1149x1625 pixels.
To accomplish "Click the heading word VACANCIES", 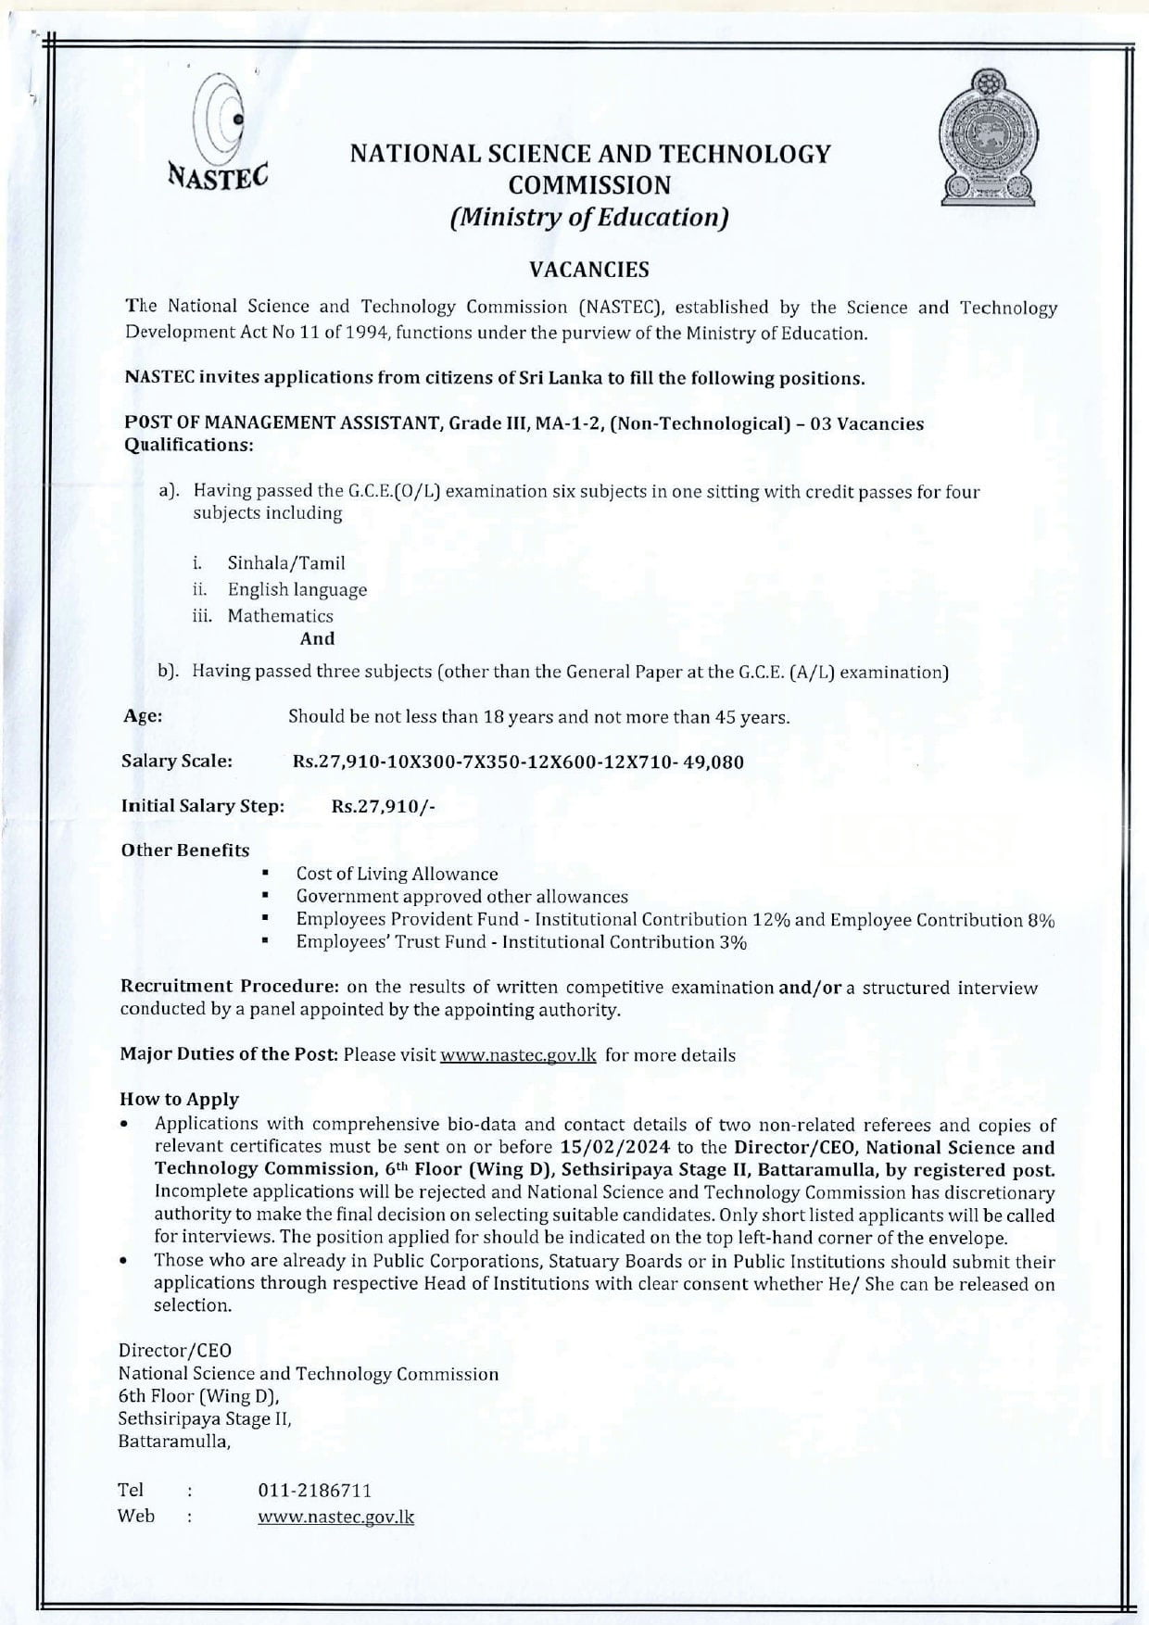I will tap(589, 270).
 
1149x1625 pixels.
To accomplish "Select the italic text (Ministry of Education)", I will tap(589, 218).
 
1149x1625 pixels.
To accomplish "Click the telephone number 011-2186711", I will tap(315, 1490).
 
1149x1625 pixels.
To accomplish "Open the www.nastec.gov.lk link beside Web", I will tap(335, 1517).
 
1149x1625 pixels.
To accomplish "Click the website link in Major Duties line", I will tap(518, 1055).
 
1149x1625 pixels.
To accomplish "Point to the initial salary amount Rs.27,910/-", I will tap(384, 806).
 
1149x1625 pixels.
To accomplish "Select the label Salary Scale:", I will tap(176, 762).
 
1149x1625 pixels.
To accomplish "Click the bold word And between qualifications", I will tap(317, 638).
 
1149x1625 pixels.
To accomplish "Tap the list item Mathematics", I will tap(280, 615).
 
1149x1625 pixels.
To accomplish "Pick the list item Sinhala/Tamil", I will tap(286, 562).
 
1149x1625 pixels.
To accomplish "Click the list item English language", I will tap(297, 589).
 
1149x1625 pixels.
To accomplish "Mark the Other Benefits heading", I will tap(185, 850).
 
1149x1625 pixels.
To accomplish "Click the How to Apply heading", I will tap(179, 1100).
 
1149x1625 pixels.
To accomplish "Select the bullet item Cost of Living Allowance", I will tap(397, 874).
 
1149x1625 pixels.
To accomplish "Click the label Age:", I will tap(143, 716).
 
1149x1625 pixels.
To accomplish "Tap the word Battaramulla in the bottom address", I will tap(172, 1442).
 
